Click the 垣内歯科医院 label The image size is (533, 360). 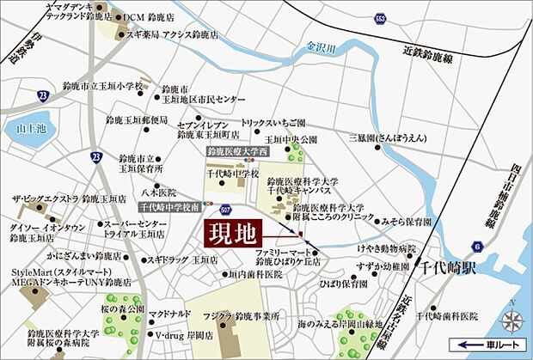pos(255,274)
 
